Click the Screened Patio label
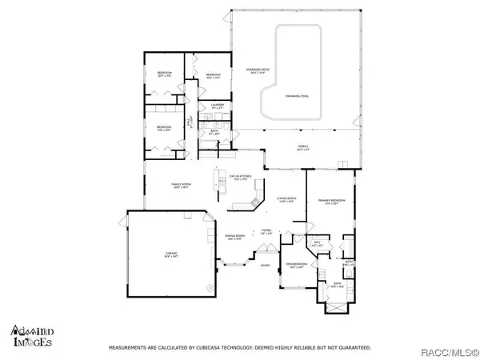257,70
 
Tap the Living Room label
286,199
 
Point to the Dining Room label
234,237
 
